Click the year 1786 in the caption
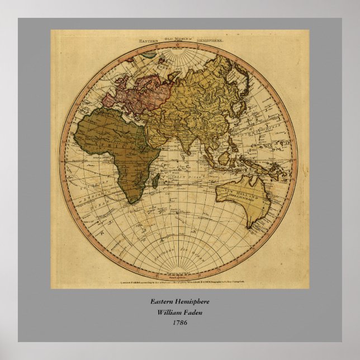pos(179,323)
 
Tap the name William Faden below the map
pos(179,312)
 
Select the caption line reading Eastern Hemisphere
pos(179,302)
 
